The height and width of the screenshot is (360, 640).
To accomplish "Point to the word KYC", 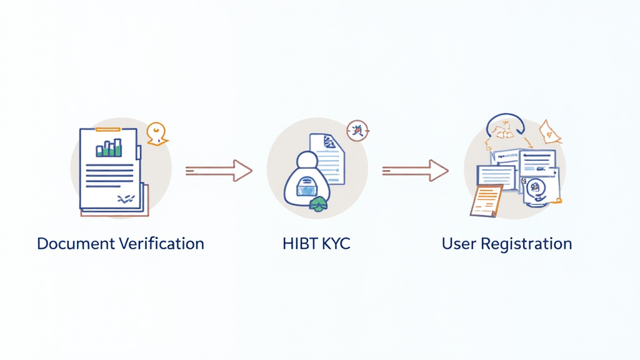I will pyautogui.click(x=336, y=243).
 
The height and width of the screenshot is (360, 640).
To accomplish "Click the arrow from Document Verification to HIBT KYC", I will pyautogui.click(x=219, y=169).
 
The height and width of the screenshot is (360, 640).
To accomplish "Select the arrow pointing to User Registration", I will pyautogui.click(x=415, y=169).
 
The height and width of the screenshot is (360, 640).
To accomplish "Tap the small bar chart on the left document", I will pyautogui.click(x=109, y=148).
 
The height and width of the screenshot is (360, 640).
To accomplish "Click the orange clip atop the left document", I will pyautogui.click(x=107, y=129).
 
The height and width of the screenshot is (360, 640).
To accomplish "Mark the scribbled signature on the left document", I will pyautogui.click(x=126, y=198).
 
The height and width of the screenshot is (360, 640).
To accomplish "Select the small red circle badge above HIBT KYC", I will pyautogui.click(x=358, y=131).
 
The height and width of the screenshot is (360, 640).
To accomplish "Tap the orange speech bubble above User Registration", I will pyautogui.click(x=549, y=131).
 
